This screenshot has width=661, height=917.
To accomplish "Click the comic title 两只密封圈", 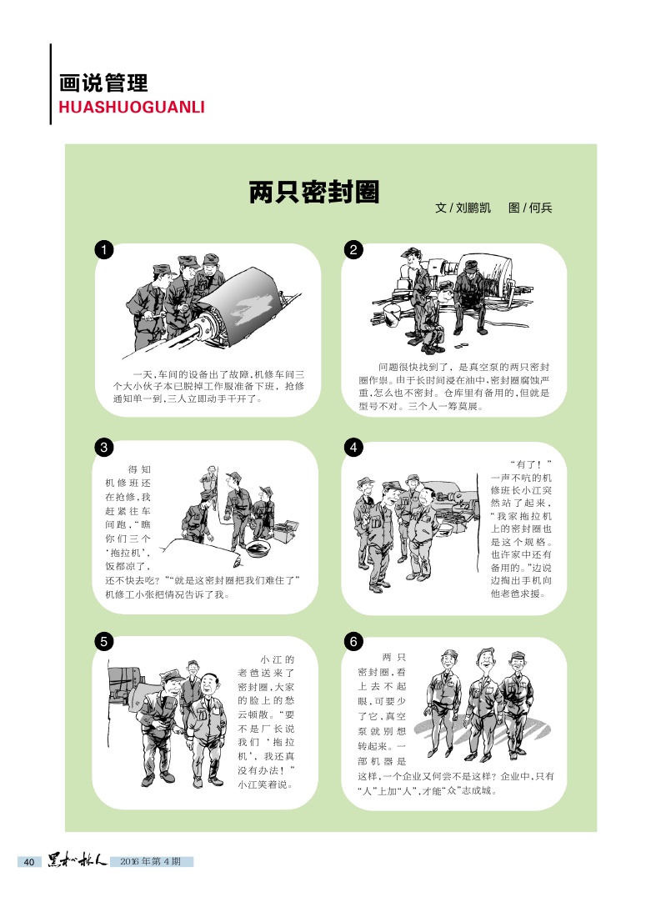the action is tap(314, 193).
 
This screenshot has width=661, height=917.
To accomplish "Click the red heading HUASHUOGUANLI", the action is tap(132, 107).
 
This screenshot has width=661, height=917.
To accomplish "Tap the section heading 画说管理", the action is tap(103, 83).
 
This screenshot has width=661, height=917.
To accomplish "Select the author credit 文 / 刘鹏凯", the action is tap(463, 208).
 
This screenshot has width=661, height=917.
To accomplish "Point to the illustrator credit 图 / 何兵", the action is tap(530, 208).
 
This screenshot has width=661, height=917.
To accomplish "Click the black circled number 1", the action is tap(103, 250).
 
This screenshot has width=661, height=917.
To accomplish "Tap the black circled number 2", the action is tap(353, 250).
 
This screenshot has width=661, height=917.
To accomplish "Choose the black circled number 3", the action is tap(103, 448).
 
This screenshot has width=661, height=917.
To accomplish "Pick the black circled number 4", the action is tap(353, 448).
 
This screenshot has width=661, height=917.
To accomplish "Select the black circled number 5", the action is tap(103, 642).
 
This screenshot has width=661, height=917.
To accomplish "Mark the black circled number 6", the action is tap(353, 642).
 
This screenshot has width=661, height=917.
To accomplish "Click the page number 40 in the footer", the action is tap(29, 861).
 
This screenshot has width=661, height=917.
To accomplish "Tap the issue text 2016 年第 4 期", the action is tap(150, 861).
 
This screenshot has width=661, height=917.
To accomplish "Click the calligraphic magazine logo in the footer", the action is tap(78, 860).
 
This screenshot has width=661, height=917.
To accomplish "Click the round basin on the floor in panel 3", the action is tap(258, 548).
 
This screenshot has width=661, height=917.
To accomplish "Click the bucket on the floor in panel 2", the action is tap(392, 316).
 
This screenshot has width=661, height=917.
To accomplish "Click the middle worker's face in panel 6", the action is tap(484, 661).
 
